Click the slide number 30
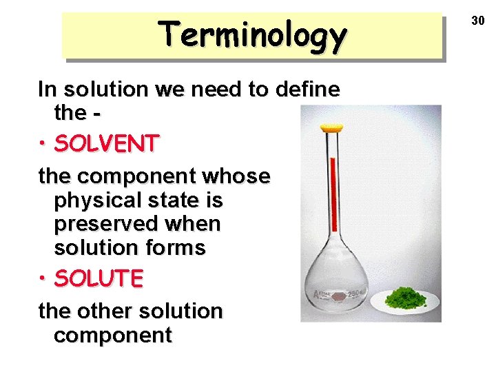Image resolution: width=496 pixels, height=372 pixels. (x=478, y=21)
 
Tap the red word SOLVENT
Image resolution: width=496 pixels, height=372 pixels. (x=107, y=143)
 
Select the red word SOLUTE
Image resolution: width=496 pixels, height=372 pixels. (x=99, y=278)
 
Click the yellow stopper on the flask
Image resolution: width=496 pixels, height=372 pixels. (x=332, y=127)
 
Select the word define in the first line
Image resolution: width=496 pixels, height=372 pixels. (x=307, y=89)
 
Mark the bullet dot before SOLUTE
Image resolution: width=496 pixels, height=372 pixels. (x=43, y=279)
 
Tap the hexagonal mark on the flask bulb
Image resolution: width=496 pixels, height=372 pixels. (x=338, y=297)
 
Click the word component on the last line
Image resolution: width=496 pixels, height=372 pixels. (x=112, y=335)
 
